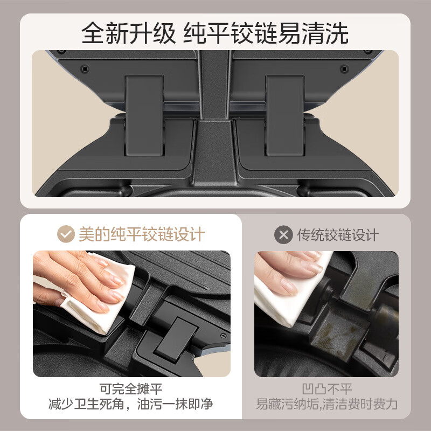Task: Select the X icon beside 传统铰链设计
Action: pos(283,235)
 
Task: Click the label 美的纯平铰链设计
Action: pos(142,234)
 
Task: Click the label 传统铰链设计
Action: pos(338,235)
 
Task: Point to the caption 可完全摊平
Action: pos(131,388)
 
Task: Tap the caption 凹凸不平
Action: pos(327,388)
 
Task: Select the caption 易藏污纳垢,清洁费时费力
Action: pos(327,404)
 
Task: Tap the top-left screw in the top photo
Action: pos(85,68)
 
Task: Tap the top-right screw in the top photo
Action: pos(344,68)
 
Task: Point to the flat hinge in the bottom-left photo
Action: pos(175,337)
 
